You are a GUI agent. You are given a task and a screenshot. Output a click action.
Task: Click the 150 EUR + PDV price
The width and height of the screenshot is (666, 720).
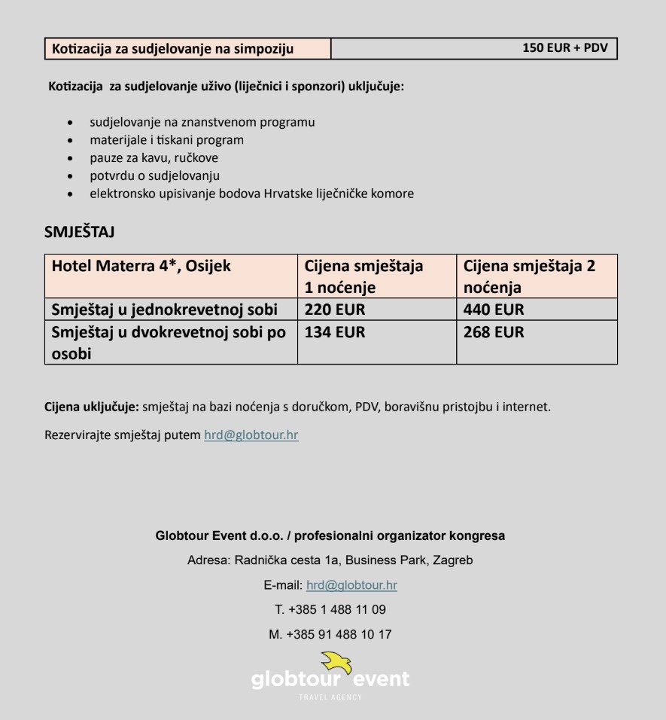(x=564, y=49)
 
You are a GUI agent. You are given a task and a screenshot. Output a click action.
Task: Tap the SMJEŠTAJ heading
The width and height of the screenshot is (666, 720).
(x=79, y=231)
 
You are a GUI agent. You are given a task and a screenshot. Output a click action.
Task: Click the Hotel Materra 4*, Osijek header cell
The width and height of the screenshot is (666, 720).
(x=141, y=266)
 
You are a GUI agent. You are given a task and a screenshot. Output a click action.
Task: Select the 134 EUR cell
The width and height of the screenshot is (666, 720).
(x=334, y=332)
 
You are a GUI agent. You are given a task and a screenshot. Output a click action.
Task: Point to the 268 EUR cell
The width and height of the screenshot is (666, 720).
(x=494, y=332)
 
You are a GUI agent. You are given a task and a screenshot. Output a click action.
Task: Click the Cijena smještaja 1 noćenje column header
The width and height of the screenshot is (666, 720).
(x=364, y=276)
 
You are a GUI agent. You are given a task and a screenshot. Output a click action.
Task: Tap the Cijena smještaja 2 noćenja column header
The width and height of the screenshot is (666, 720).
(x=529, y=276)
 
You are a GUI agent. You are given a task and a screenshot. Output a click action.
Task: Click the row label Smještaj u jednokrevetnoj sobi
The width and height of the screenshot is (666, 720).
(x=165, y=310)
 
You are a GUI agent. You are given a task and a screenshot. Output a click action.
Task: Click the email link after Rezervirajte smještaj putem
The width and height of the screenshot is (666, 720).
(x=251, y=435)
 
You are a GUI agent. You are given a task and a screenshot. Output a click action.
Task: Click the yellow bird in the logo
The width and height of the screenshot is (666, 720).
(x=336, y=663)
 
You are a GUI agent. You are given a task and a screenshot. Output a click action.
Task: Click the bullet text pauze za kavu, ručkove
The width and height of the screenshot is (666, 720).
(x=154, y=158)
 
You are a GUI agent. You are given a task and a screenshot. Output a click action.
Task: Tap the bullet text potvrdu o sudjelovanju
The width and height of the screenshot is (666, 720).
(x=154, y=176)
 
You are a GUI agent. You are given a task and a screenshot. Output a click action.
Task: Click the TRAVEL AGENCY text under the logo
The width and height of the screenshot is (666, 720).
(x=330, y=697)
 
